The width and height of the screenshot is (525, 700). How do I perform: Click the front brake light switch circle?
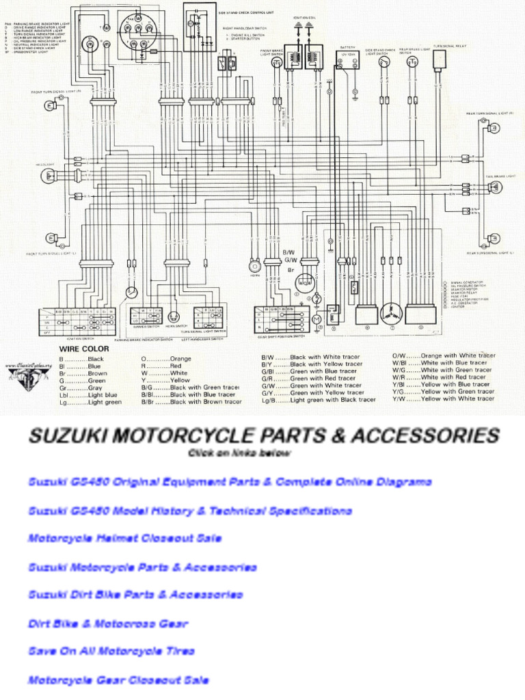(278, 63)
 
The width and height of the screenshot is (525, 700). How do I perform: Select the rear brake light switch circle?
(413, 63)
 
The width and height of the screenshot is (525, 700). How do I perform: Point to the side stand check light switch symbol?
(385, 63)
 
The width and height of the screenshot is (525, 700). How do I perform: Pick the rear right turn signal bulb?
(490, 129)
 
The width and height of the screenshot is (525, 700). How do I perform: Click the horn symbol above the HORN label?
(254, 265)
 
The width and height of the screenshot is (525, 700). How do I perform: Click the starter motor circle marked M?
(317, 319)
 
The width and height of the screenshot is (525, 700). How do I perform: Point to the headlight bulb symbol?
(49, 176)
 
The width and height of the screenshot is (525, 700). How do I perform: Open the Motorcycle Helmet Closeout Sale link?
(124, 539)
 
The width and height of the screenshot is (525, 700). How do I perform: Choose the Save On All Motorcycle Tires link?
(111, 651)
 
